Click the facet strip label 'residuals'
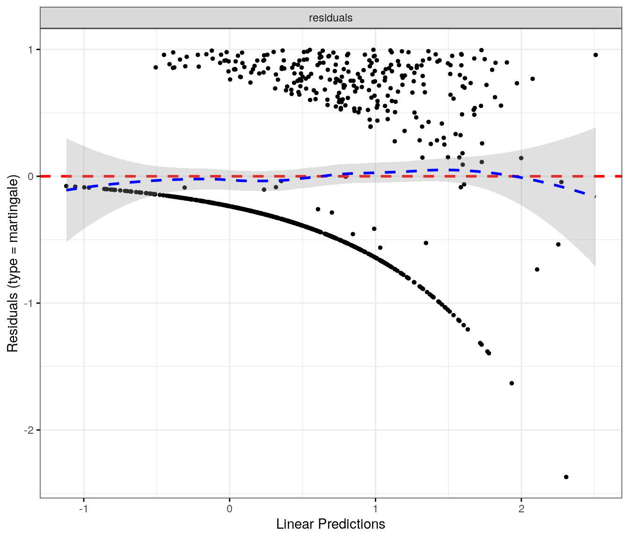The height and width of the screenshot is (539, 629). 330,18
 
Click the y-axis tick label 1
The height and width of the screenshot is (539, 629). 31,50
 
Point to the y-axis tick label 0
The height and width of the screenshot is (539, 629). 31,176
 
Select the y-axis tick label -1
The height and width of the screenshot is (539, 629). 29,303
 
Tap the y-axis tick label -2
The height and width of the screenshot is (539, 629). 29,430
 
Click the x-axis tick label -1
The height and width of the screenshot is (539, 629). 83,509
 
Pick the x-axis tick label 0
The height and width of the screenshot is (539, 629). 229,509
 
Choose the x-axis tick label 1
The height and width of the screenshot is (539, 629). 375,509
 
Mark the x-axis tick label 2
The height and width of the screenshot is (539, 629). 521,509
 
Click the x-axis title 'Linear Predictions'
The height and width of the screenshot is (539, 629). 330,524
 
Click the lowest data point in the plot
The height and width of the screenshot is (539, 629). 566,477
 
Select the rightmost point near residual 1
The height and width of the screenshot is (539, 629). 595,55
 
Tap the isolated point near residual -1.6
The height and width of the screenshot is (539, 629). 512,383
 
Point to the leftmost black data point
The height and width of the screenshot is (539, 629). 66,186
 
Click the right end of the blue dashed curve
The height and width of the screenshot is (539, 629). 595,197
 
